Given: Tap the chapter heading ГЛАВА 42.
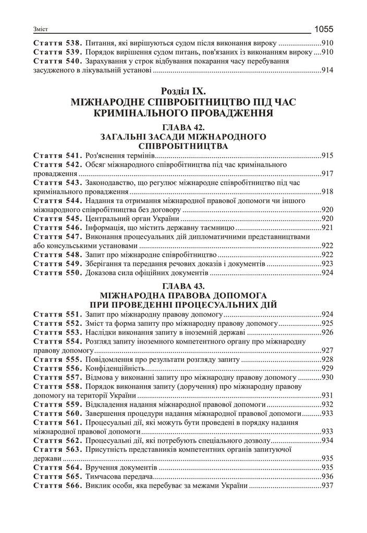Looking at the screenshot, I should pyautogui.click(x=183, y=127).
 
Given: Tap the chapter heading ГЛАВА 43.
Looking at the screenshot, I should pyautogui.click(x=183, y=286).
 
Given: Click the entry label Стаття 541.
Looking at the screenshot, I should pyautogui.click(x=57, y=156).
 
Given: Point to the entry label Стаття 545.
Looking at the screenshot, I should pyautogui.click(x=57, y=218).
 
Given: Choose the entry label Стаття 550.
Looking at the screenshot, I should pyautogui.click(x=57, y=272).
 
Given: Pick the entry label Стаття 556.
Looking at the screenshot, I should pyautogui.click(x=57, y=368).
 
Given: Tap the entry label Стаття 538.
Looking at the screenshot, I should pyautogui.click(x=57, y=43).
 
